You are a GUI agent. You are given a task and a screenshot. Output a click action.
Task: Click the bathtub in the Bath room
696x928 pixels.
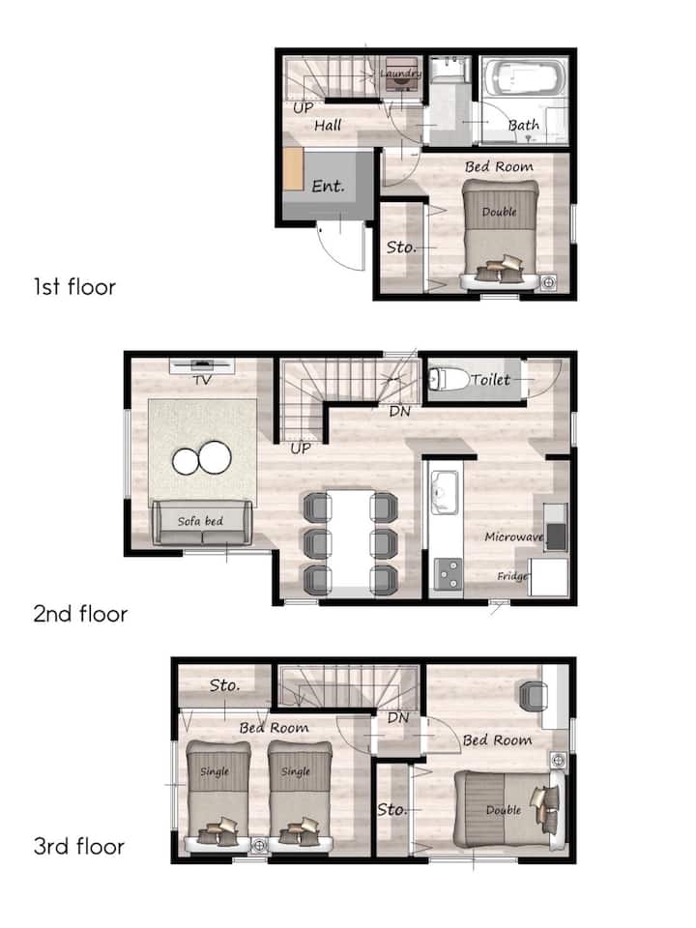(523, 77)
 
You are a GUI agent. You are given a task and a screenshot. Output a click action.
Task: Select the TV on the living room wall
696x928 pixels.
(202, 364)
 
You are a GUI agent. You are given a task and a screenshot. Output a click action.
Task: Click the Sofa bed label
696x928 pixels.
(201, 521)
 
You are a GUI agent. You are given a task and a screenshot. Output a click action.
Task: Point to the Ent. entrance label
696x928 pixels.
(328, 187)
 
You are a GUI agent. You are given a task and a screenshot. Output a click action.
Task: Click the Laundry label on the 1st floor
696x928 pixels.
(400, 73)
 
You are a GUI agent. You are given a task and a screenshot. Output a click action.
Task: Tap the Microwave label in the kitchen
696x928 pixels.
(513, 536)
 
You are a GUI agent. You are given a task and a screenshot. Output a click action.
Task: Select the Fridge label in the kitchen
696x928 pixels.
(512, 576)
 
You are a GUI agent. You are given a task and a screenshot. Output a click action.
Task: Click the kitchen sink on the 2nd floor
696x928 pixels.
(444, 492)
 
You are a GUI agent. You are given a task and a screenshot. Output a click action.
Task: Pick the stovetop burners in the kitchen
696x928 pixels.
(448, 574)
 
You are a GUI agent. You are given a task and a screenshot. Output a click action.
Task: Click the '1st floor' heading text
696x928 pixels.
(74, 287)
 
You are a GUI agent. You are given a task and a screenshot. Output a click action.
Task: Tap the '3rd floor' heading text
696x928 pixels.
(78, 847)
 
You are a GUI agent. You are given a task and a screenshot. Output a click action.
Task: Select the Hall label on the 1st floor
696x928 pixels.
(328, 125)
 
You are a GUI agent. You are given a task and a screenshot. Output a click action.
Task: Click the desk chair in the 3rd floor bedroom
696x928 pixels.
(534, 695)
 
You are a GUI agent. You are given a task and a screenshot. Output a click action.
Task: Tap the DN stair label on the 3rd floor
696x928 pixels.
(398, 718)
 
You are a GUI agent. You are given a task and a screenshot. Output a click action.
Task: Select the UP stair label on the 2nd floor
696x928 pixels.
(301, 449)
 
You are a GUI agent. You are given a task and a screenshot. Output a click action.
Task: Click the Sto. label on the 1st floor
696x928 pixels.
(401, 246)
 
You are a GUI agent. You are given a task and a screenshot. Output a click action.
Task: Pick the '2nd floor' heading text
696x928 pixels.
(80, 614)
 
